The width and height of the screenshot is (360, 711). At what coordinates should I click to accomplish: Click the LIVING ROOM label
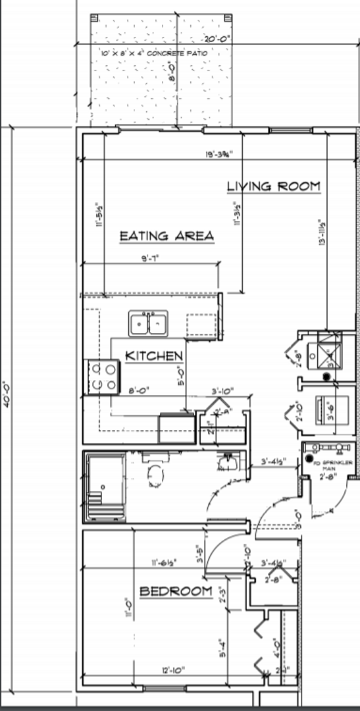(x=274, y=186)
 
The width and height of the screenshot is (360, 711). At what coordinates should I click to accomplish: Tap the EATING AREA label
(x=167, y=236)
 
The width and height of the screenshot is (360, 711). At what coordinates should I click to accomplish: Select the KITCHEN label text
(x=154, y=356)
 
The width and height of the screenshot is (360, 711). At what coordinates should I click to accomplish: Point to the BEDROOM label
(x=176, y=592)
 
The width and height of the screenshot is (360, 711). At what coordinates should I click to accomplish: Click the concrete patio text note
(x=155, y=53)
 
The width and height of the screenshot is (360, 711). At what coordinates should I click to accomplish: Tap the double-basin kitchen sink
(x=148, y=323)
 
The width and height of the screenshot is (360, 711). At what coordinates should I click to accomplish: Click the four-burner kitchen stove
(x=101, y=377)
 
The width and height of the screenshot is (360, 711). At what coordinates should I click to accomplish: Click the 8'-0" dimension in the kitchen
(x=138, y=390)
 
